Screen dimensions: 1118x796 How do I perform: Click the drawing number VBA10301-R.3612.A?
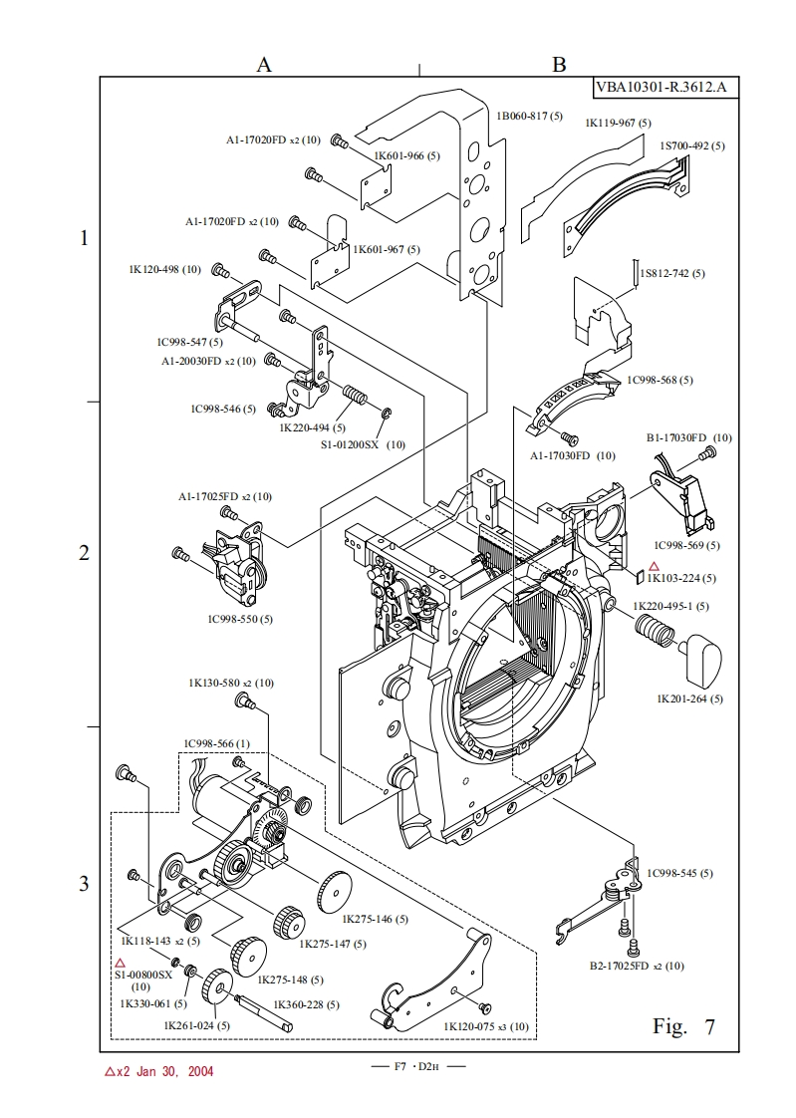click(661, 87)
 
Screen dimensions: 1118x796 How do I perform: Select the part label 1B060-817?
click(531, 116)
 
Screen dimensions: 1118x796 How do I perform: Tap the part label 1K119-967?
click(618, 123)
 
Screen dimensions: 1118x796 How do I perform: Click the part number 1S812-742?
click(672, 273)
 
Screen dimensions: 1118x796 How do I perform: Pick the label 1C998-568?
click(660, 380)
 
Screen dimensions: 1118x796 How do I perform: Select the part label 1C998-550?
click(240, 619)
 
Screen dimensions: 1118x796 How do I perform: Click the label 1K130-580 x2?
click(231, 683)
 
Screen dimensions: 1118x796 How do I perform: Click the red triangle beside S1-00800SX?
click(121, 963)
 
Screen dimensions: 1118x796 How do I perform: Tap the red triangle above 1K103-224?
click(654, 566)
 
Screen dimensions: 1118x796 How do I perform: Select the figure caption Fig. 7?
click(683, 1026)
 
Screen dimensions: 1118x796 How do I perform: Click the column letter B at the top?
click(559, 64)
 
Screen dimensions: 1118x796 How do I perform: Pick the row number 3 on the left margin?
click(85, 884)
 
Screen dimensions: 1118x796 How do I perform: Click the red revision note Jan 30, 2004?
click(158, 1072)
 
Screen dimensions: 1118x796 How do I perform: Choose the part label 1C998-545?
click(679, 873)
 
